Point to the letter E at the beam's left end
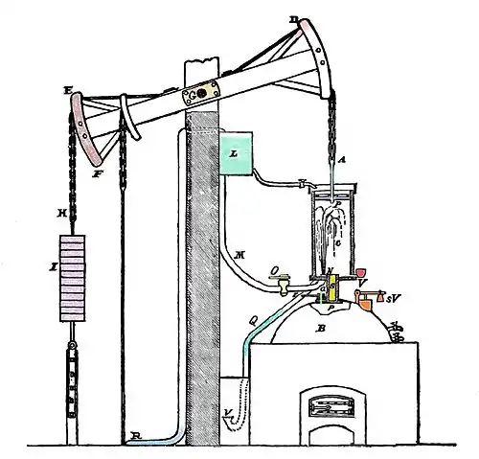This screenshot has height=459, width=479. point(67,92)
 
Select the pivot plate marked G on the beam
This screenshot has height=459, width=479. point(195,95)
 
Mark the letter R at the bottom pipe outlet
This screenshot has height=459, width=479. point(136,435)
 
